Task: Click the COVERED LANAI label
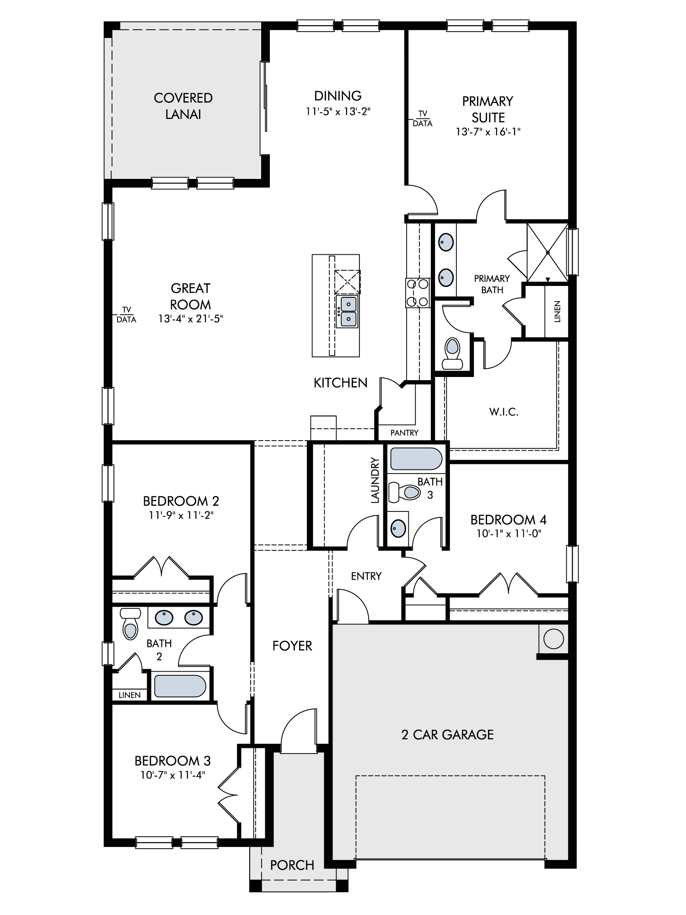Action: [183, 106]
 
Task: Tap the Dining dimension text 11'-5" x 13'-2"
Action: [338, 112]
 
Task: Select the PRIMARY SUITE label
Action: [488, 109]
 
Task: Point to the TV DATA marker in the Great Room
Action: [126, 315]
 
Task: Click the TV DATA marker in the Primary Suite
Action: [422, 119]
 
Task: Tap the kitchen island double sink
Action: [347, 312]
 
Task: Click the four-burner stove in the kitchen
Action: [418, 293]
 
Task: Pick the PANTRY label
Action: [404, 433]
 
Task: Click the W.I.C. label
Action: [504, 412]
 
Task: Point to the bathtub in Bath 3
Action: [416, 459]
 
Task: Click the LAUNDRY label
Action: [375, 480]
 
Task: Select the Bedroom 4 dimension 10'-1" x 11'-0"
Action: [509, 533]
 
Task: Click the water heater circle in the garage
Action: [553, 639]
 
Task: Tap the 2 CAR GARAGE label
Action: [447, 735]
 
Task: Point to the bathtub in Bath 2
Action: [180, 686]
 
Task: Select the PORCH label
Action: [292, 865]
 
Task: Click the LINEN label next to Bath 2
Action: [129, 695]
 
